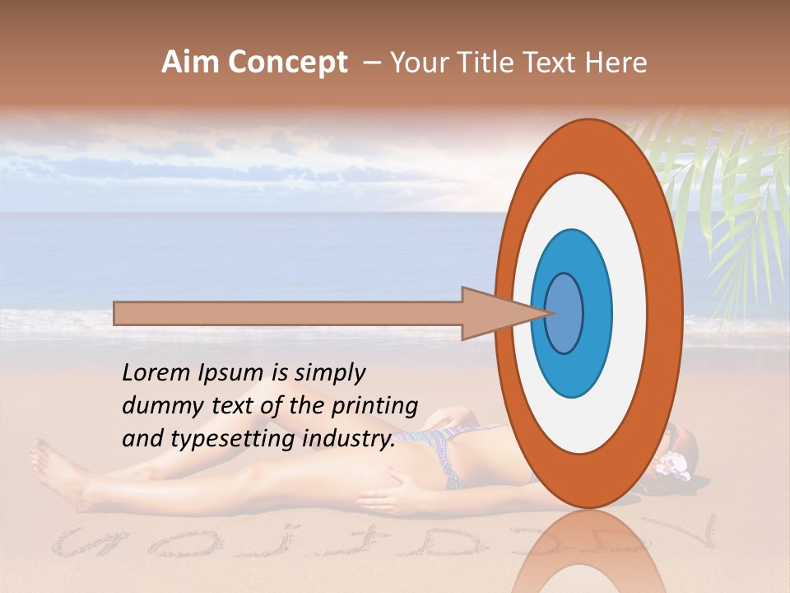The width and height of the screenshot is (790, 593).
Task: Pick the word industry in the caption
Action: [349, 439]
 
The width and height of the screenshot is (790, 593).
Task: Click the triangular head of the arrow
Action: [494, 313]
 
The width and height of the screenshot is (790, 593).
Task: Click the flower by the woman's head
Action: [671, 465]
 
